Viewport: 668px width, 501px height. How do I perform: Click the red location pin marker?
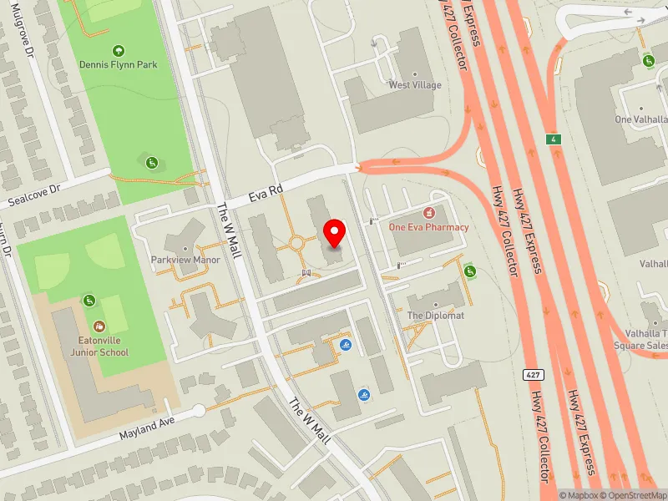(335, 234)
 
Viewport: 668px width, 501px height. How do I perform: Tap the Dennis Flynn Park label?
(119, 64)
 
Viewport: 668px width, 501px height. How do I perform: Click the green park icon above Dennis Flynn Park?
(118, 50)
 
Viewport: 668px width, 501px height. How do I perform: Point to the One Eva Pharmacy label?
(429, 227)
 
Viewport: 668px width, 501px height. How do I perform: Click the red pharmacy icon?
(430, 214)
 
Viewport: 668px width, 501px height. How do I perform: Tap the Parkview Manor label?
(185, 260)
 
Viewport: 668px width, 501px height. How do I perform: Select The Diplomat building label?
(435, 316)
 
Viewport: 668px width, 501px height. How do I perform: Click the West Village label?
(415, 85)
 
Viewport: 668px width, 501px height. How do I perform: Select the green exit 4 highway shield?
(552, 138)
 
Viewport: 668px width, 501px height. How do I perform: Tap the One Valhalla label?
(641, 119)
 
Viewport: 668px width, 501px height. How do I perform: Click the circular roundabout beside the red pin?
(297, 244)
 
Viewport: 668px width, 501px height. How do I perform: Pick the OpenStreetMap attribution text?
(632, 495)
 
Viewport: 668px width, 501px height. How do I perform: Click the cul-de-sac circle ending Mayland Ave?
(198, 410)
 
